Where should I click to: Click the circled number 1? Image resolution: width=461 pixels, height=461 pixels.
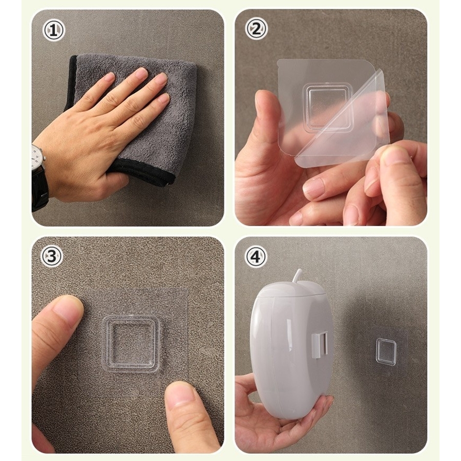(x=53, y=30)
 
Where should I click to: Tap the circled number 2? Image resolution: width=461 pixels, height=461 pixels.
(x=256, y=29)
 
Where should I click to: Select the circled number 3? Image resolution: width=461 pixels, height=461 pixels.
(x=51, y=256)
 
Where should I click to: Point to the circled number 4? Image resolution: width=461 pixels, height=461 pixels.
(x=256, y=257)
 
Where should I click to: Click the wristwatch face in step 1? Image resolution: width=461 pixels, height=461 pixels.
(x=36, y=158)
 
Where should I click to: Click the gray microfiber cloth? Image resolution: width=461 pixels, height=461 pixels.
(x=132, y=118)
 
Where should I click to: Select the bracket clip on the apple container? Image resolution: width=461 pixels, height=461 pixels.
(x=319, y=345)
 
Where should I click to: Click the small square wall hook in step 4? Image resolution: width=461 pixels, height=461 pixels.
(x=386, y=352)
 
